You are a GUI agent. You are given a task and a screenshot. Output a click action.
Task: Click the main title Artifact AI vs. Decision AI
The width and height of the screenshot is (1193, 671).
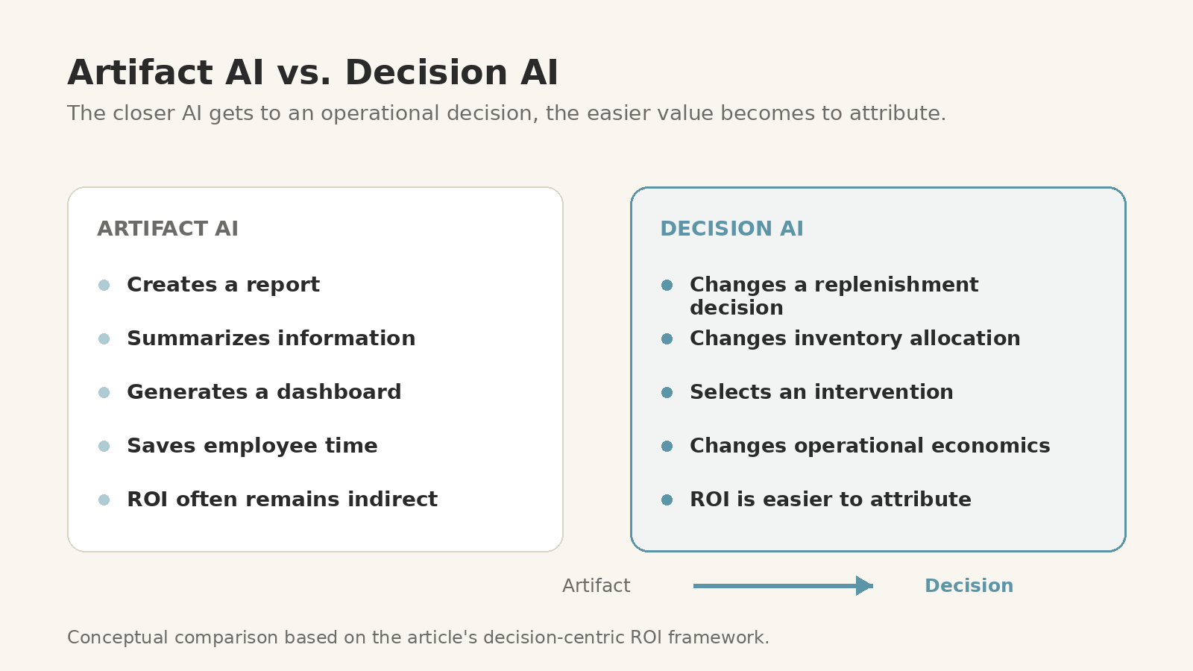coord(312,72)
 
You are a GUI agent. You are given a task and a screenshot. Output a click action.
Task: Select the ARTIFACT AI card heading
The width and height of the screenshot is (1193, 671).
coord(168,228)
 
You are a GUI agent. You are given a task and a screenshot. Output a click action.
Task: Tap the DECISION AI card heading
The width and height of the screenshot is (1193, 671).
coord(731,228)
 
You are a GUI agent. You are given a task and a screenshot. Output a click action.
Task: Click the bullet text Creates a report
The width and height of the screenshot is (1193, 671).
coord(223,285)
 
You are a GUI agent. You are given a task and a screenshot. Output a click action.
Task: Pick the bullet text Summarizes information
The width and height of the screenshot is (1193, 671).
coord(271,338)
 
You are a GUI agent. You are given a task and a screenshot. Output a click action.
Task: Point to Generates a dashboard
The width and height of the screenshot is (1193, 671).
coord(264,392)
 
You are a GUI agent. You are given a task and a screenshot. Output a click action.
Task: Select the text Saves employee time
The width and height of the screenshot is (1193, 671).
coord(252,446)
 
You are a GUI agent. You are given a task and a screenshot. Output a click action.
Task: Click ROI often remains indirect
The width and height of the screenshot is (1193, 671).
coord(283,500)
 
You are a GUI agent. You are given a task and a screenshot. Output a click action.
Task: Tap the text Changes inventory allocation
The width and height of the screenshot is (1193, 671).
coord(854,338)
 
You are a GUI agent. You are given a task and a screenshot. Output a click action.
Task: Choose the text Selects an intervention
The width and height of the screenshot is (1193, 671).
coord(821,392)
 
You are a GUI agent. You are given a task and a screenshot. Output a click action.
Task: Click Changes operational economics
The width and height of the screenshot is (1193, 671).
coord(869,446)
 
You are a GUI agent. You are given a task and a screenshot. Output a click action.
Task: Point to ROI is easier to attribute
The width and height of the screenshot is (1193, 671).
coord(831,500)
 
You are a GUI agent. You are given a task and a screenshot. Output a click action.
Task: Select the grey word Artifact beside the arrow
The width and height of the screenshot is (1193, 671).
coord(596,586)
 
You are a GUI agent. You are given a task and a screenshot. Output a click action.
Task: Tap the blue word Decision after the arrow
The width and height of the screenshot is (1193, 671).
coord(969,586)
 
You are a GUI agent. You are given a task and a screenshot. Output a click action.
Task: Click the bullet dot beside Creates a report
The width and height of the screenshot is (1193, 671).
coord(104,286)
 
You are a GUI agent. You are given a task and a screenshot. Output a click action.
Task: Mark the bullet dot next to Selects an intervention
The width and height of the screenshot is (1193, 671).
coord(667,392)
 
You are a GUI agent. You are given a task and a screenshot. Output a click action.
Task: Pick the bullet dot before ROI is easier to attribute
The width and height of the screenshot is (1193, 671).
coord(667,500)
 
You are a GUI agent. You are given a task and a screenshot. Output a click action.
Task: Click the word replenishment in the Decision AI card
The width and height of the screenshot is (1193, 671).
coord(896,285)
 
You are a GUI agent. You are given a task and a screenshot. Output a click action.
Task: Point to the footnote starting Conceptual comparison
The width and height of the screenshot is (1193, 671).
coord(418,637)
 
